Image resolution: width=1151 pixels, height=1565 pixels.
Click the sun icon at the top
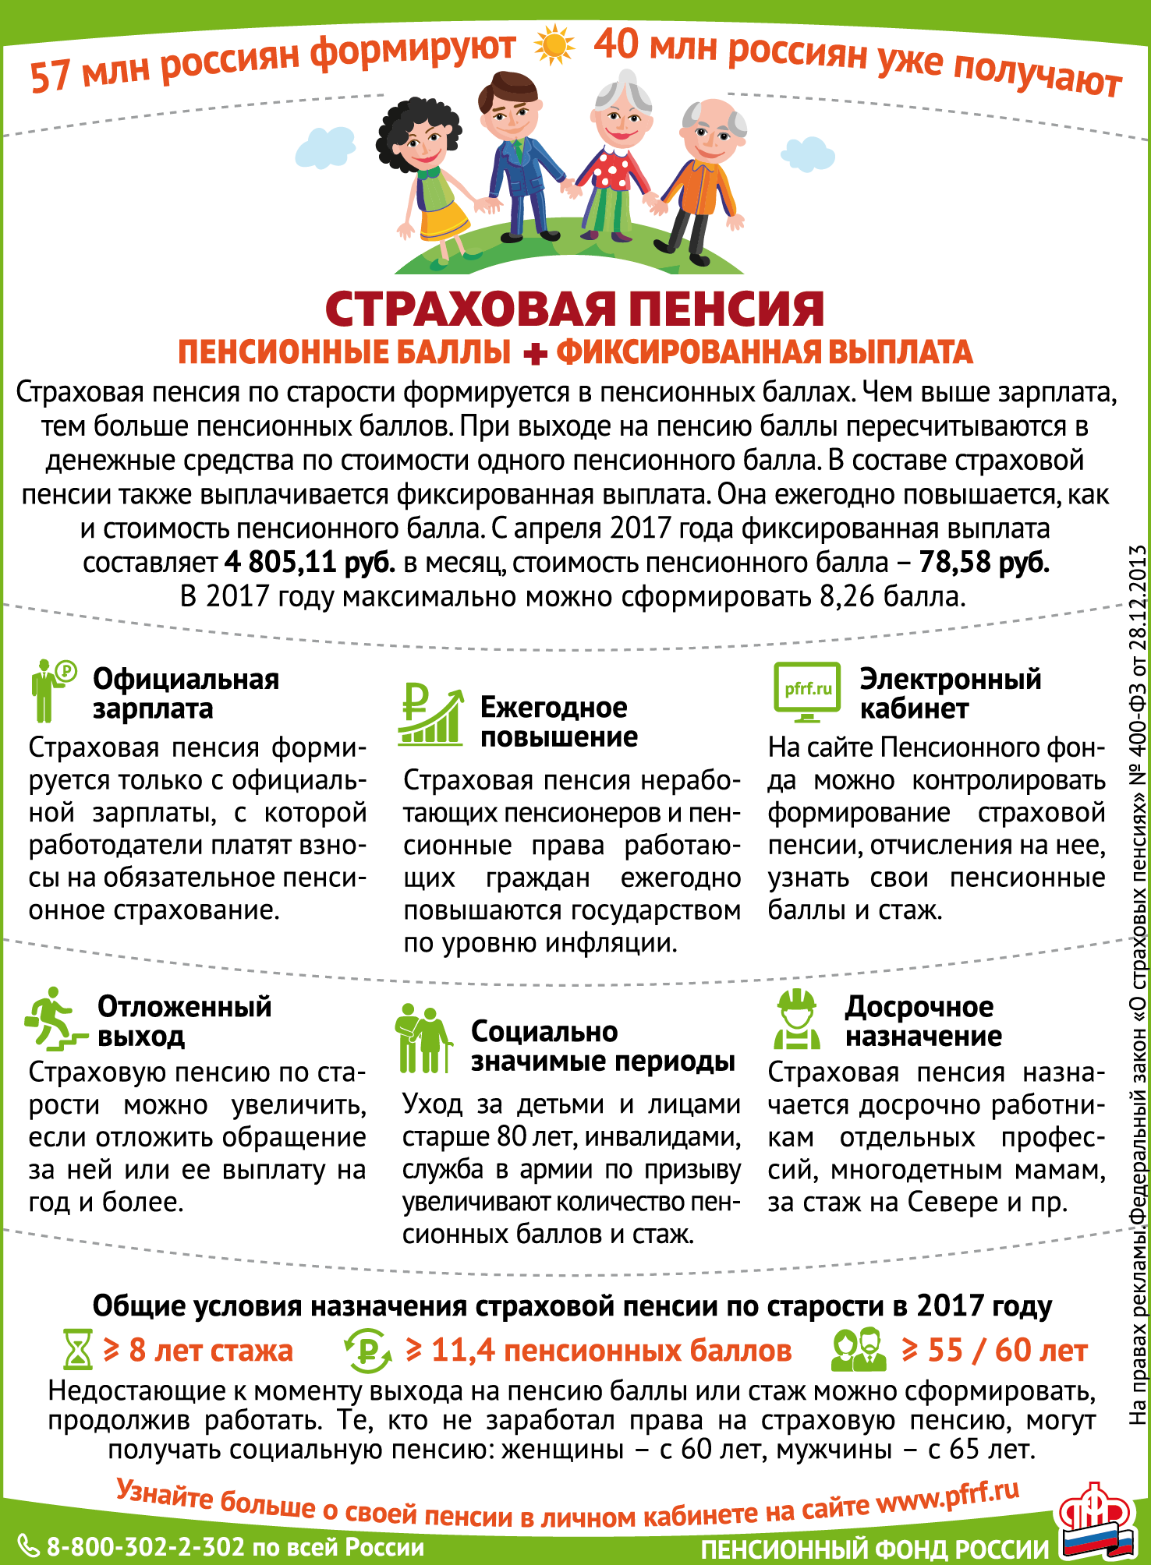(554, 44)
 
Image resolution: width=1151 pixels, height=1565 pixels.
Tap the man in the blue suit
(519, 156)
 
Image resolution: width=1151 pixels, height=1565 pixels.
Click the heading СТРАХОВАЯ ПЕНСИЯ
(575, 309)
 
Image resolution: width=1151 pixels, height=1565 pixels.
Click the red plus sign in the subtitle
(535, 354)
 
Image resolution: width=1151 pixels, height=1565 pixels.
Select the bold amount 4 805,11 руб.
(310, 562)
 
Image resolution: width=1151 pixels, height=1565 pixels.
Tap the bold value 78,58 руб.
(984, 562)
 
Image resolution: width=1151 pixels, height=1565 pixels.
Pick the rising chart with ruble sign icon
(430, 715)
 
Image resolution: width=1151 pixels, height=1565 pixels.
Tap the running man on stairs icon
(55, 1019)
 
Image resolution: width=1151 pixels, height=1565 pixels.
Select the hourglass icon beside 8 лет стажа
(76, 1350)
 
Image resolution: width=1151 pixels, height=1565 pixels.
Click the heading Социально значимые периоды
(603, 1046)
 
